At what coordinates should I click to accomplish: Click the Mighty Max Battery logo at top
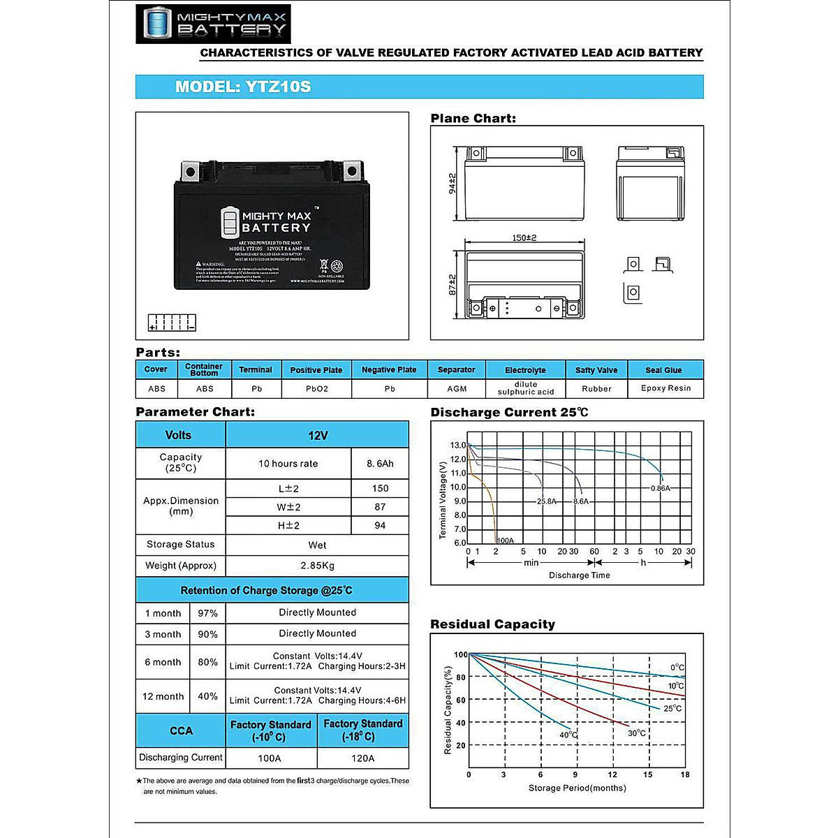(x=213, y=24)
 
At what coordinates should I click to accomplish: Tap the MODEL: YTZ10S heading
(x=243, y=87)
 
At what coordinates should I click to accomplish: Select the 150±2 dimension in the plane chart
(x=524, y=238)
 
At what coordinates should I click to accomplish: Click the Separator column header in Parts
(x=456, y=369)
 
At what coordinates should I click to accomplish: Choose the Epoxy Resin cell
(x=666, y=388)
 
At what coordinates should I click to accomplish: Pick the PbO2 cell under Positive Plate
(x=316, y=389)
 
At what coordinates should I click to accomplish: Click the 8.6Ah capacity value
(x=380, y=464)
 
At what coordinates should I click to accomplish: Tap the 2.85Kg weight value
(x=317, y=566)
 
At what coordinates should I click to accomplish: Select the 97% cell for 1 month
(x=207, y=613)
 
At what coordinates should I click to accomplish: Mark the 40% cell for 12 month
(x=207, y=696)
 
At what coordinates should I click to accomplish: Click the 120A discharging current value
(x=362, y=758)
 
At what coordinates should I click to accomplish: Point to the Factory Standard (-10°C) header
(x=270, y=730)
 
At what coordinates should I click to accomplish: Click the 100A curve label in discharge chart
(x=505, y=541)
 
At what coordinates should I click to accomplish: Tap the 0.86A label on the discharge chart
(x=660, y=488)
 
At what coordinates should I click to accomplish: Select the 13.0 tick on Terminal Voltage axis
(x=457, y=446)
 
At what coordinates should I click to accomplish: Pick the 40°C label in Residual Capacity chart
(x=568, y=735)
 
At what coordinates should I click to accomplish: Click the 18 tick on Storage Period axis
(x=685, y=774)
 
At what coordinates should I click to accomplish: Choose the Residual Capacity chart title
(x=492, y=624)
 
